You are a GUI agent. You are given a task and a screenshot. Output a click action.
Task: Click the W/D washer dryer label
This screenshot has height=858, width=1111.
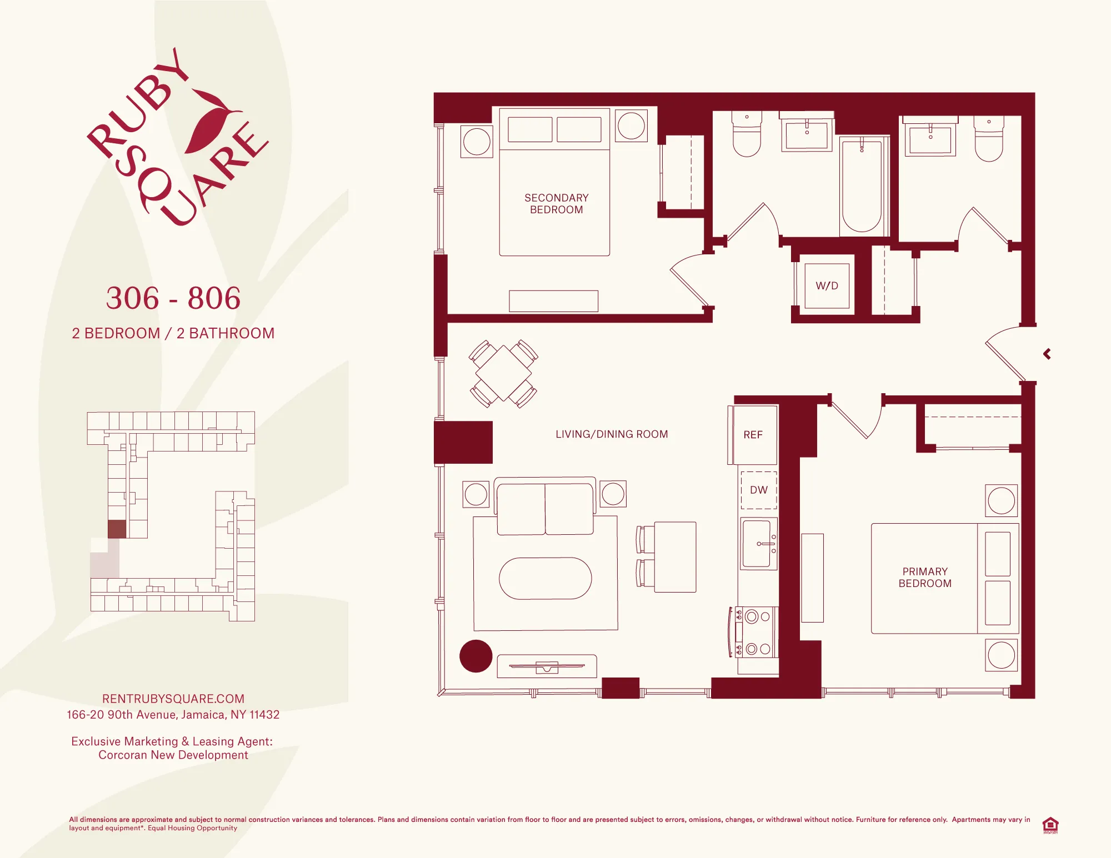click(827, 286)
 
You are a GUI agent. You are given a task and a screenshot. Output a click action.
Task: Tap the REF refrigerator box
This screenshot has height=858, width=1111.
click(753, 435)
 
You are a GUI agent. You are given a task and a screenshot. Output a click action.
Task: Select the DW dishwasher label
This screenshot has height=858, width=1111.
click(758, 490)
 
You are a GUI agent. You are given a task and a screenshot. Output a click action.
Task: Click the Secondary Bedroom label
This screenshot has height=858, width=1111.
click(556, 204)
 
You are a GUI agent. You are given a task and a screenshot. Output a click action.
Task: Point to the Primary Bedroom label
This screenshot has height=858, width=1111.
click(925, 578)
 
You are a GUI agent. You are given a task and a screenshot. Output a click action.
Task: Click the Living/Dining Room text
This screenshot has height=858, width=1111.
click(612, 434)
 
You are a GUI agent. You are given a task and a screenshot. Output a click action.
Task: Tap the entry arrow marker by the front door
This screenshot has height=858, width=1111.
click(1047, 354)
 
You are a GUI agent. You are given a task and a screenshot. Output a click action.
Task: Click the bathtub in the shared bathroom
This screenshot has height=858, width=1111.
click(862, 186)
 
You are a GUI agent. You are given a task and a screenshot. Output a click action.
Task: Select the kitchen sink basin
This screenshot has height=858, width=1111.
click(757, 544)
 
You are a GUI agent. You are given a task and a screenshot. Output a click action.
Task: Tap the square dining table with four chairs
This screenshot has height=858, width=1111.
click(503, 373)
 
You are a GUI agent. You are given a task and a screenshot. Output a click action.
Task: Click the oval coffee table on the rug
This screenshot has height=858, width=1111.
click(545, 578)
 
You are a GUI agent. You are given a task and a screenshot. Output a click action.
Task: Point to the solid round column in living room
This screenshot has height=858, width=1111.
click(476, 656)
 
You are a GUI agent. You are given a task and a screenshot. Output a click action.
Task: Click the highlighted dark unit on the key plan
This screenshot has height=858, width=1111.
click(117, 529)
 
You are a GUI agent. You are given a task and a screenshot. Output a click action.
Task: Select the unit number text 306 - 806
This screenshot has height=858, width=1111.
click(173, 298)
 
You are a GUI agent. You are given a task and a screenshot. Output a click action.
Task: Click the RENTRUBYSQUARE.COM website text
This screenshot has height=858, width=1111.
click(173, 699)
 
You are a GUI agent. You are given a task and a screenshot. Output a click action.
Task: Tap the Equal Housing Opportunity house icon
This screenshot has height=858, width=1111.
click(1050, 825)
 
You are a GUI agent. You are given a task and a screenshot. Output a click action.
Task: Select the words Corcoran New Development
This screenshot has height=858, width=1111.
click(173, 755)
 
